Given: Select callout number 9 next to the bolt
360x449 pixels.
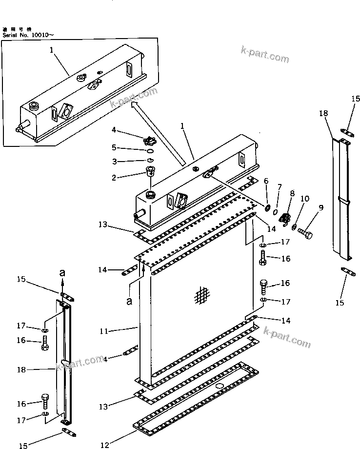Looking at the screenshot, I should pos(320,208).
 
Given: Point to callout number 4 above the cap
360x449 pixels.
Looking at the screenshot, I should pos(113,129).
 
